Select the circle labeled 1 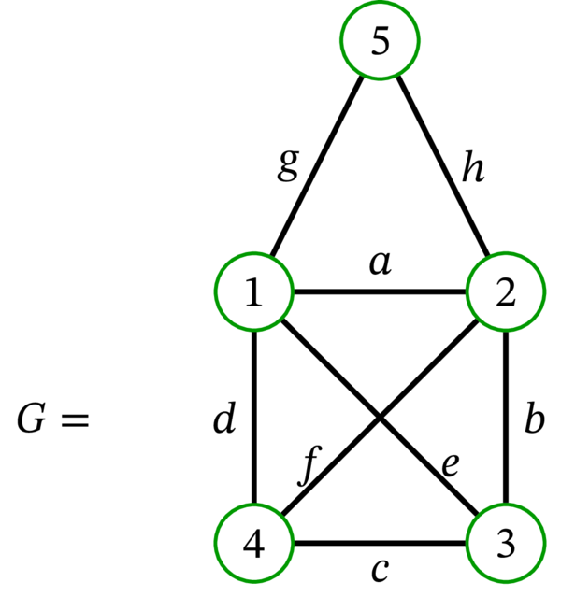coord(253,294)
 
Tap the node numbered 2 coord(506,294)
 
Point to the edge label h coord(473,171)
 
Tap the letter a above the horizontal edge coord(379,264)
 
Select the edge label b coord(533,420)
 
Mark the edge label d coord(223,420)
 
